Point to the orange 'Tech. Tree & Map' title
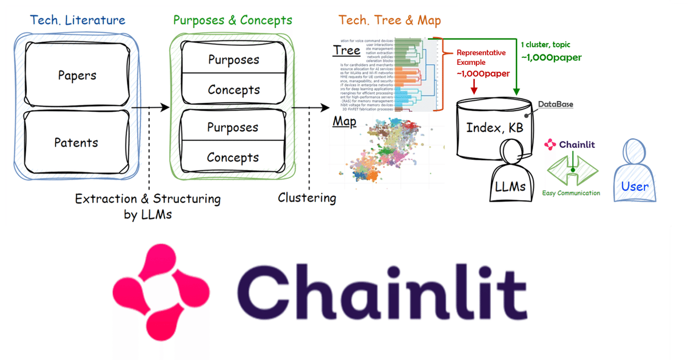(x=390, y=21)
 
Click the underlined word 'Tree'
(x=347, y=51)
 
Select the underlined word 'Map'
(x=345, y=122)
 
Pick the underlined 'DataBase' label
(x=556, y=104)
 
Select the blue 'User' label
(x=635, y=186)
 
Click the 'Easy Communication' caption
(x=571, y=193)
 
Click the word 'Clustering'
(x=307, y=198)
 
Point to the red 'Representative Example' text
(x=482, y=57)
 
